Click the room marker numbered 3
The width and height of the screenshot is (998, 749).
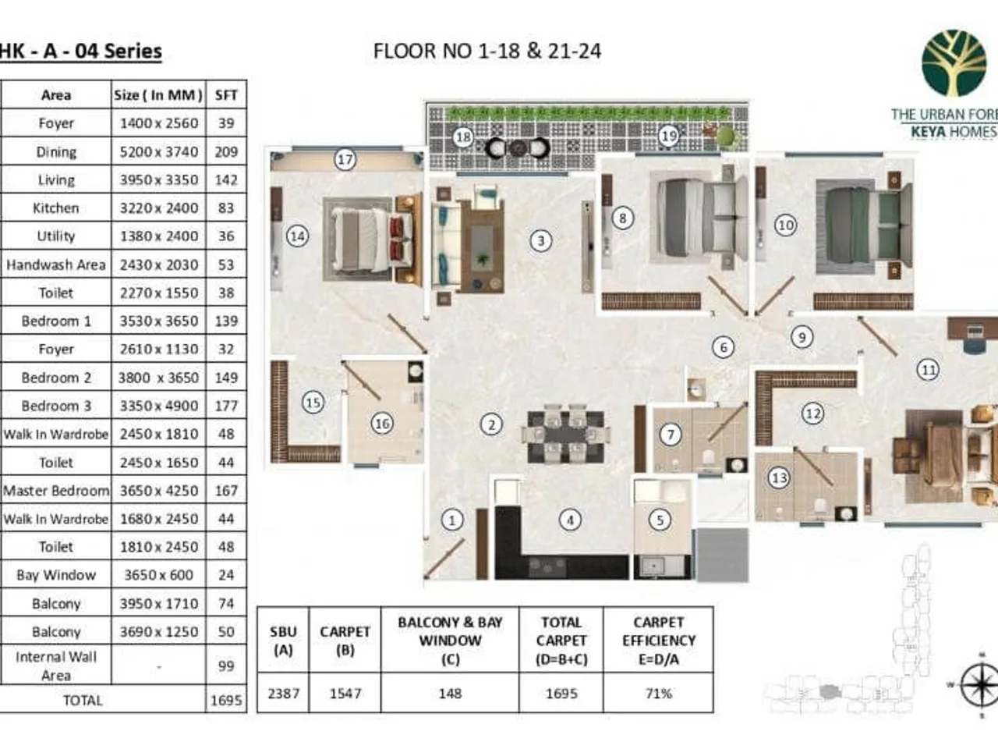(541, 240)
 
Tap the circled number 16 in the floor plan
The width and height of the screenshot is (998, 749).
(381, 424)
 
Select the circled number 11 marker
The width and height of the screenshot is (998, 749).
(928, 370)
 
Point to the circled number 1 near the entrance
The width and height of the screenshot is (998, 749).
(451, 520)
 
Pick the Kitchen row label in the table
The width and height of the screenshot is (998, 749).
(55, 208)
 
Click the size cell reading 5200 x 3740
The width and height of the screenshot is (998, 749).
(158, 151)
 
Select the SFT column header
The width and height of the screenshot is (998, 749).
(226, 95)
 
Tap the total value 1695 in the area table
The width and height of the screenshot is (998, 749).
(226, 700)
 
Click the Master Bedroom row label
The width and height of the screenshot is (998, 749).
(55, 491)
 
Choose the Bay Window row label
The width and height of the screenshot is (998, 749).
(55, 575)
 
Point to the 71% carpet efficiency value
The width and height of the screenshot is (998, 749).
(658, 693)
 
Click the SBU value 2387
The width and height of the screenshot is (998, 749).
(283, 693)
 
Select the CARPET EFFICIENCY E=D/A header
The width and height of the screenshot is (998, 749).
(658, 641)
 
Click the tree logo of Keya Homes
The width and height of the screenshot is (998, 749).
(953, 64)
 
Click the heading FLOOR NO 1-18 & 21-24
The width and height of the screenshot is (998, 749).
(487, 51)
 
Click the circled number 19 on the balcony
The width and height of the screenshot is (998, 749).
(669, 136)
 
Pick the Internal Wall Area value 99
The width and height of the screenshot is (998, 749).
(226, 666)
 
